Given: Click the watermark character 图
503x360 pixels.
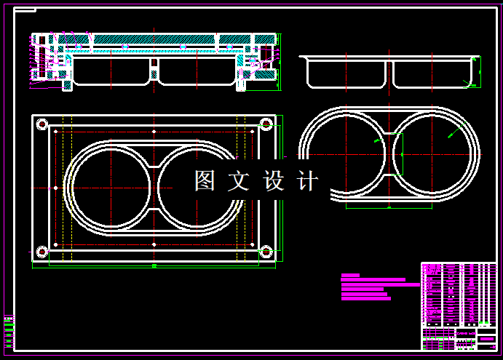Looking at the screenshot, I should point(205,181).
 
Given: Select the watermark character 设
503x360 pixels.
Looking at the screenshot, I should point(274,181).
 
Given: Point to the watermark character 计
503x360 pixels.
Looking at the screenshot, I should point(308,181).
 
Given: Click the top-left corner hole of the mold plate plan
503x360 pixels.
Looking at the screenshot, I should point(41,124).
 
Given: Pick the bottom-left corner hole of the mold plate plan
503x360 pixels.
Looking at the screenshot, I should point(41,252).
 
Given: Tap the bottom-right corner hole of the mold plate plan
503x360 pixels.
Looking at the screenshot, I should point(266,252).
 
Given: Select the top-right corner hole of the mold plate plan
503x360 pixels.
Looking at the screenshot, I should point(266,124).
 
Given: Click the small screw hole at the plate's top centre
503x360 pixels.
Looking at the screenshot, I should point(154,131).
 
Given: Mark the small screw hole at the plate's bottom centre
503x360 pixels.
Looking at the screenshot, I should point(154,245).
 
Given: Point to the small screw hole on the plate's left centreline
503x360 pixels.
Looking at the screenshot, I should point(56,188).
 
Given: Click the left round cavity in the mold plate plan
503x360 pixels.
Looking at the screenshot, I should point(109,188).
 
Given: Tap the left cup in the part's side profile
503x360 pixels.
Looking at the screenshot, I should point(346,73).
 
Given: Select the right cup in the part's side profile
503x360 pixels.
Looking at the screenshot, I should point(429,73).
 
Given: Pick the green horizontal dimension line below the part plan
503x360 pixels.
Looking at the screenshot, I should point(389,208).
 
